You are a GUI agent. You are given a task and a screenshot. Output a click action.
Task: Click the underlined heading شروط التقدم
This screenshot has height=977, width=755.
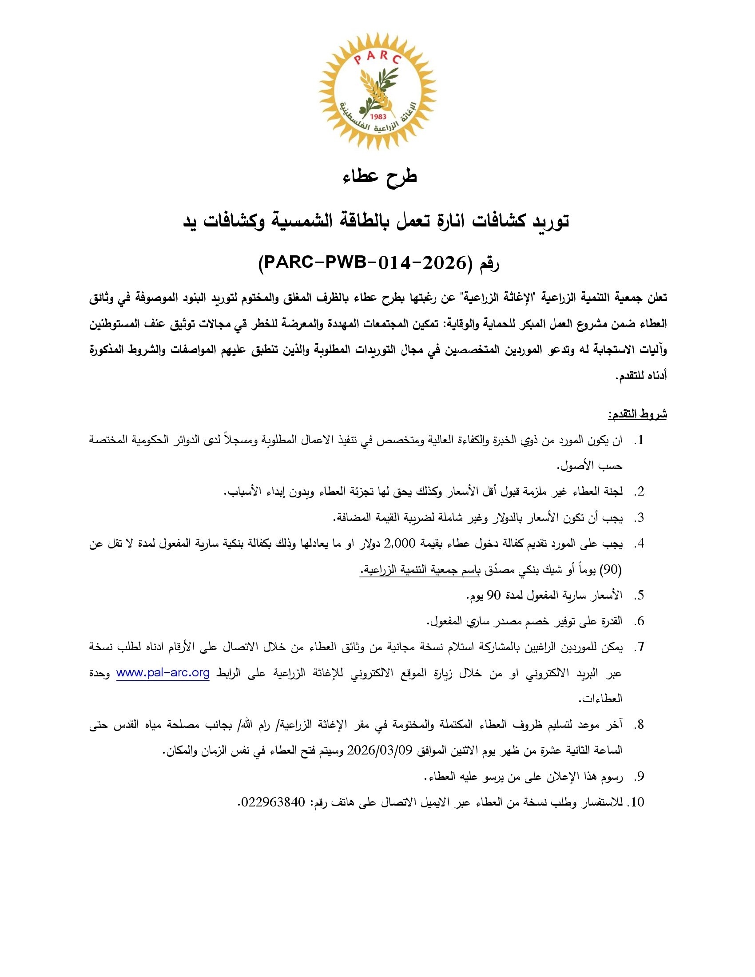pyautogui.click(x=637, y=414)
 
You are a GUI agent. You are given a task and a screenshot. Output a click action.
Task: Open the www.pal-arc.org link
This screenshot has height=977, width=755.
pyautogui.click(x=163, y=673)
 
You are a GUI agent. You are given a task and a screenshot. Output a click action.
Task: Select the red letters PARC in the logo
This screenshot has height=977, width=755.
pyautogui.click(x=377, y=58)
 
